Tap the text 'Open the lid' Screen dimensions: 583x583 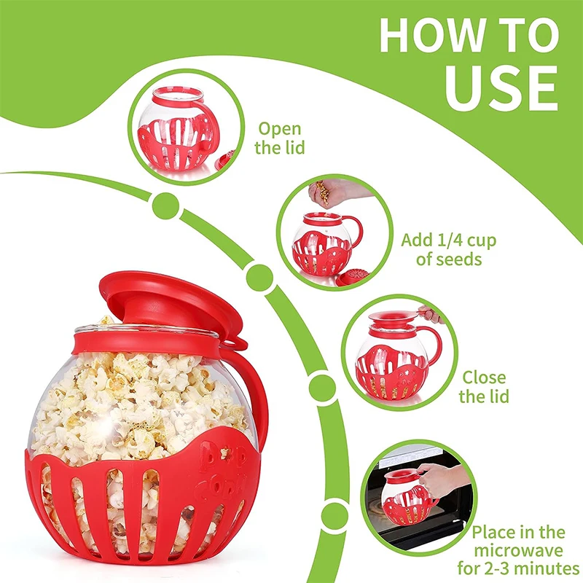click(x=281, y=138)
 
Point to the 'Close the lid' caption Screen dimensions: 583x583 click(x=484, y=387)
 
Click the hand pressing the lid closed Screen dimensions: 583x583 click(x=430, y=315)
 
